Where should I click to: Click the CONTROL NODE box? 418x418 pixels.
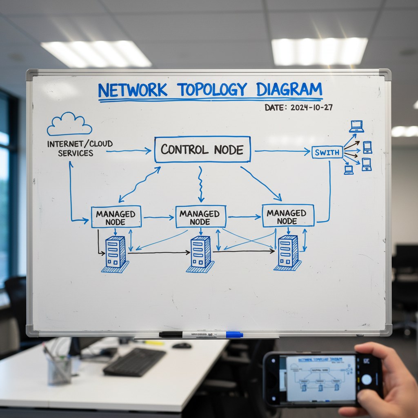point(202,149)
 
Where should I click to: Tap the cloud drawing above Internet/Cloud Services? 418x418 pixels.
point(69,124)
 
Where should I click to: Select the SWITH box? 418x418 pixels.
point(327,152)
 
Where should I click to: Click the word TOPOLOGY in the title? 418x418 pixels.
point(212,89)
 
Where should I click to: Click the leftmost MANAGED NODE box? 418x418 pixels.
point(116,217)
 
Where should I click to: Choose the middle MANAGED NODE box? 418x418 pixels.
point(200,217)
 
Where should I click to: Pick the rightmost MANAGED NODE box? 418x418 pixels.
point(288,216)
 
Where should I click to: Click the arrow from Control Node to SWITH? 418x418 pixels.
point(282,151)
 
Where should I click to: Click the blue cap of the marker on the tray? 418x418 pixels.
point(234,335)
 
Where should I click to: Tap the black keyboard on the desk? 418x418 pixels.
point(134,362)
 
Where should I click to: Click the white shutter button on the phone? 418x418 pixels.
point(367,379)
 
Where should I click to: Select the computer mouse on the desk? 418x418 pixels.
point(182,345)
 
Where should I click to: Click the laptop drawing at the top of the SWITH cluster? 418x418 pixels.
point(356,126)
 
